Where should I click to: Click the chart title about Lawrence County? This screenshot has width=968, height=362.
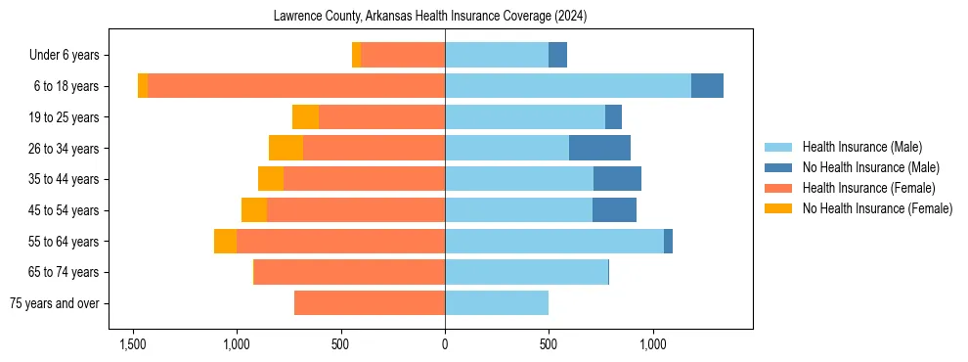click(x=445, y=16)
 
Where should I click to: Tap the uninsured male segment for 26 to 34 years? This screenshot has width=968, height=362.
click(x=599, y=148)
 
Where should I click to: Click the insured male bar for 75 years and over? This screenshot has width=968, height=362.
click(x=497, y=303)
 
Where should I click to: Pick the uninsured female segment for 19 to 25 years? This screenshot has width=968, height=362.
click(x=305, y=117)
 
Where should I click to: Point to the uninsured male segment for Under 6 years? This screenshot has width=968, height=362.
click(x=557, y=55)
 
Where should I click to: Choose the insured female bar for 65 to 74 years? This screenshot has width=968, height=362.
click(x=349, y=272)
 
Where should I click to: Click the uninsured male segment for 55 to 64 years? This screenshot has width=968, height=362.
click(x=668, y=241)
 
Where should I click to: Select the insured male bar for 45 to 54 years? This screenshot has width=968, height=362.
click(x=518, y=210)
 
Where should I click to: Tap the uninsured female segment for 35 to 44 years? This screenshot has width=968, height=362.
click(x=271, y=179)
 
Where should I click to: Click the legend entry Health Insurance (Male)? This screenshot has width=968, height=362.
click(x=861, y=147)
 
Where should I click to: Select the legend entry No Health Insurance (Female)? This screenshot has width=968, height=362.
click(x=877, y=208)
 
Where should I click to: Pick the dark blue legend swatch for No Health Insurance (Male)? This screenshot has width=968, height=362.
click(x=778, y=167)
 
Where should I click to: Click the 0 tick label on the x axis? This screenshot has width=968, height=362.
click(x=445, y=344)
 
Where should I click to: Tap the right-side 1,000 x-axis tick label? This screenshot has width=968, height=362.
click(x=653, y=344)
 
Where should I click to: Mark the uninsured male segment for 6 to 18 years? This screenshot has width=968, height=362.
click(x=707, y=86)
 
